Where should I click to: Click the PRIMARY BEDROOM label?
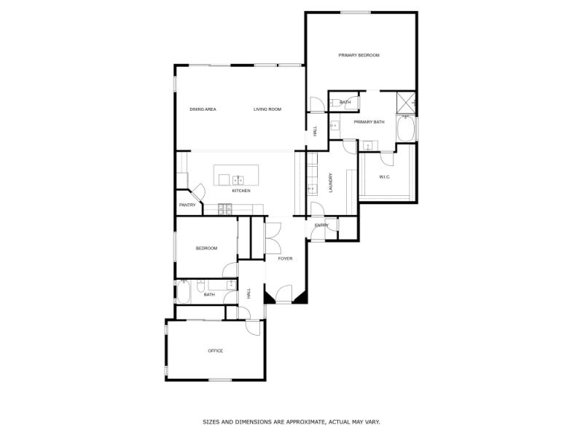click(359, 55)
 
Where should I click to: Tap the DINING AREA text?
click(203, 109)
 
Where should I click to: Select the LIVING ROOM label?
click(267, 109)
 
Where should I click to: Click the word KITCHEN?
click(241, 191)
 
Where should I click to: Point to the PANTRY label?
click(187, 205)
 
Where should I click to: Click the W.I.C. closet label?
click(385, 177)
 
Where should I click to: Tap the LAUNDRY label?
click(331, 182)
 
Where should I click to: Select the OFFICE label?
click(215, 351)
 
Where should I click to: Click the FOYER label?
click(284, 258)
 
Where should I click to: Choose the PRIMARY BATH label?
click(369, 122)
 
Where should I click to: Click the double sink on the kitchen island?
click(238, 178)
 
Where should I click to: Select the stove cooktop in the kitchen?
click(224, 209)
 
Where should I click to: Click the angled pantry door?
click(197, 193)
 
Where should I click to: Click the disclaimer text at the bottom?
click(291, 422)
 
